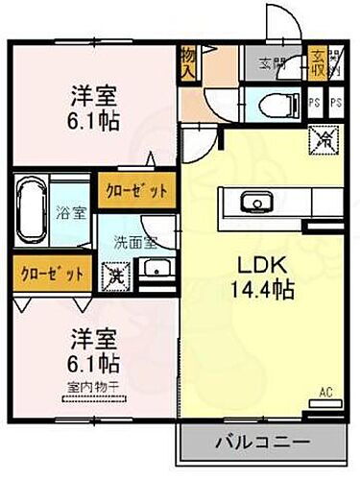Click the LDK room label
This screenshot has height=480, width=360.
[x=252, y=266]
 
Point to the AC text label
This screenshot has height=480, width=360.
[x=326, y=391]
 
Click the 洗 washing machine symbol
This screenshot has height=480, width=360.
[x=116, y=273]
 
